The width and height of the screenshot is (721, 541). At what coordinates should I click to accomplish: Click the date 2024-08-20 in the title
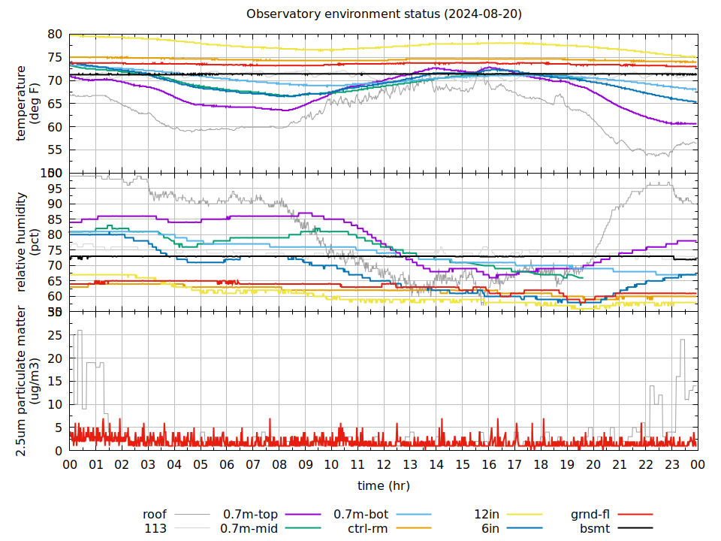pos(490,14)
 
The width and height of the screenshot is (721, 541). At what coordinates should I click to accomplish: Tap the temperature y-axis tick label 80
pos(54,35)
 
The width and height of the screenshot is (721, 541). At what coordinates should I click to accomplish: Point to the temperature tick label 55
pos(54,150)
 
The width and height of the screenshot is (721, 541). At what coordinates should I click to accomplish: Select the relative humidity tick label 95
pos(54,188)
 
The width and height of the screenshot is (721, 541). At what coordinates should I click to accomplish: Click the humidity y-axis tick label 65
pos(54,280)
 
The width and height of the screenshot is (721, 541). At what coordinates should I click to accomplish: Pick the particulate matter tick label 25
pos(54,335)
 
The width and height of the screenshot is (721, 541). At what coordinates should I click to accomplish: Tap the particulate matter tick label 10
pos(54,404)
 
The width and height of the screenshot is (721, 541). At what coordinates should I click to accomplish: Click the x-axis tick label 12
pos(384,465)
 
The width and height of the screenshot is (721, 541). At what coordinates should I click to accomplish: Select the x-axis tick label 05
pos(201,465)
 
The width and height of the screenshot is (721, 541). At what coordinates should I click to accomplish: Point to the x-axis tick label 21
pos(620,465)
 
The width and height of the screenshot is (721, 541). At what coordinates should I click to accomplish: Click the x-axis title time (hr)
pos(384,485)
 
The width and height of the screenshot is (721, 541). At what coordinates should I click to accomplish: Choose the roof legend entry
pos(155,515)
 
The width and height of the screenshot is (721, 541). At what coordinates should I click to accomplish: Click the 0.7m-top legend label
pos(250,515)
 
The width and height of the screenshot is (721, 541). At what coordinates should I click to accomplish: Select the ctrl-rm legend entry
pos(368,528)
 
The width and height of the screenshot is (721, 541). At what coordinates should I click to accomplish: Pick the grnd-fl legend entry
pos(590,515)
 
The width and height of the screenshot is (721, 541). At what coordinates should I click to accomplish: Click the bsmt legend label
pos(595,528)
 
